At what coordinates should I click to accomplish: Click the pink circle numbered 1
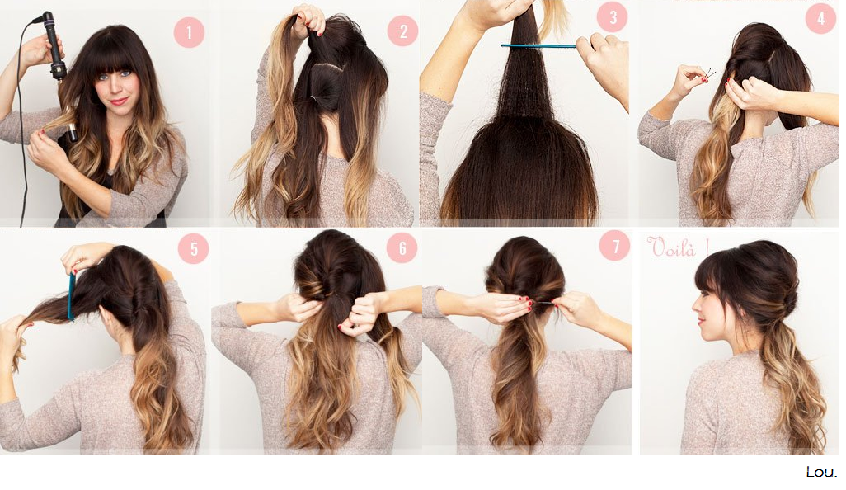point(189,32)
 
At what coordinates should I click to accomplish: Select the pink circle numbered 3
point(613,17)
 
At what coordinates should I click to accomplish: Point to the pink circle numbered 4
point(820,18)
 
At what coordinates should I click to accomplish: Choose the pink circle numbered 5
point(193,249)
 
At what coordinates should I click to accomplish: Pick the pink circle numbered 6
point(402,247)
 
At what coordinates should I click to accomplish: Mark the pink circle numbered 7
point(615,246)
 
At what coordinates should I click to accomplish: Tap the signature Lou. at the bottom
point(822,471)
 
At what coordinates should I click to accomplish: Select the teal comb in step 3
point(539,47)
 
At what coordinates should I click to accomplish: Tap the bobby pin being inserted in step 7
point(544,304)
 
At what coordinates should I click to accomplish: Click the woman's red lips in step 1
point(119,101)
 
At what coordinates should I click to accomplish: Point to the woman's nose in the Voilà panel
point(695,311)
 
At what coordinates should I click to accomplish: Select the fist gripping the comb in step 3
point(604,60)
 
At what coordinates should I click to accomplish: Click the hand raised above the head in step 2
point(308,21)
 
